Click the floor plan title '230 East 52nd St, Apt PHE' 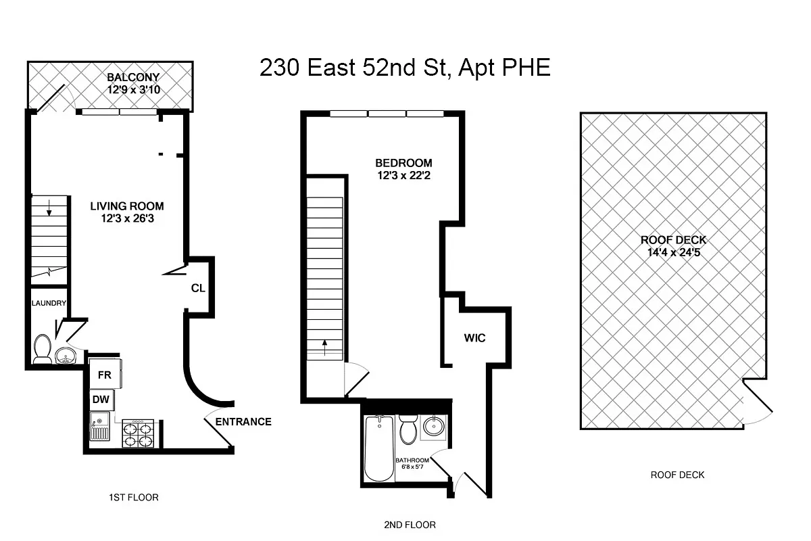click(405, 68)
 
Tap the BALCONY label click(132, 76)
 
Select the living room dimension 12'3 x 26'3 click(127, 218)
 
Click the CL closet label click(197, 288)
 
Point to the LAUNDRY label click(49, 303)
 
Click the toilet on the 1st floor click(42, 349)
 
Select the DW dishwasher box click(101, 400)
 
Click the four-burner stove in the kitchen click(138, 433)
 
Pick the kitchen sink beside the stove click(100, 429)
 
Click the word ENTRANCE click(243, 422)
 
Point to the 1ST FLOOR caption click(133, 498)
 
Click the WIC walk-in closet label click(474, 337)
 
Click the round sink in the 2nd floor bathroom click(433, 427)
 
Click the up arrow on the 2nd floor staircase click(325, 348)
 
